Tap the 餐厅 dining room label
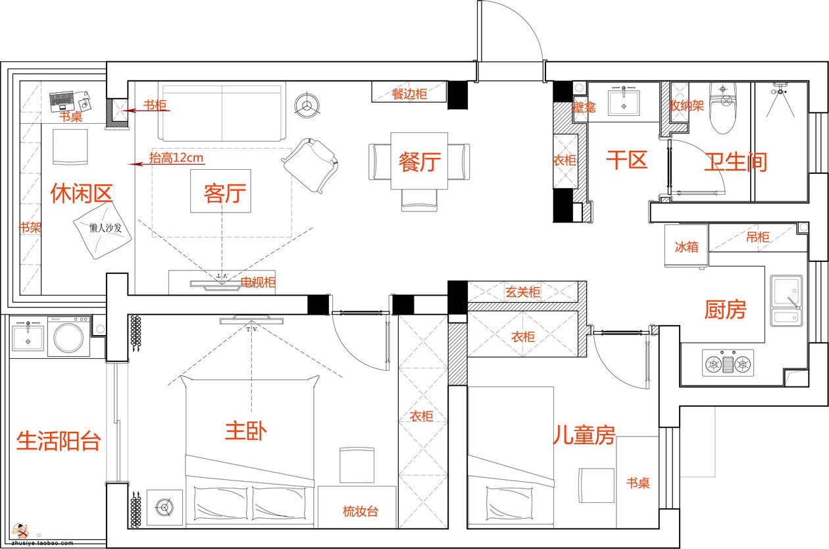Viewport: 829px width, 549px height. coord(420,161)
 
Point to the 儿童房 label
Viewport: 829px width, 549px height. coord(584,435)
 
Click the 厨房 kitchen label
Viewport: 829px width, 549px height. coord(725,309)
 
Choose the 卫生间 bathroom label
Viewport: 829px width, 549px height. coord(736,162)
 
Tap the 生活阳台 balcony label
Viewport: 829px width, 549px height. coord(58,440)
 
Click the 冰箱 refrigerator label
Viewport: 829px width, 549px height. coord(686,247)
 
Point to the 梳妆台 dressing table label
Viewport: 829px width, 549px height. coord(361,511)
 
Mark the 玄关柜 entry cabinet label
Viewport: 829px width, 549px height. coord(523,292)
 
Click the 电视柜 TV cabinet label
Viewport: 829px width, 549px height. coord(258,283)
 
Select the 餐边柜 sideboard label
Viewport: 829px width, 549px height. coord(409,94)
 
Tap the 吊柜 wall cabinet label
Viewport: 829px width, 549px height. coord(757,237)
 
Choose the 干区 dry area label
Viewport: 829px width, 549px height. coord(626,160)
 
